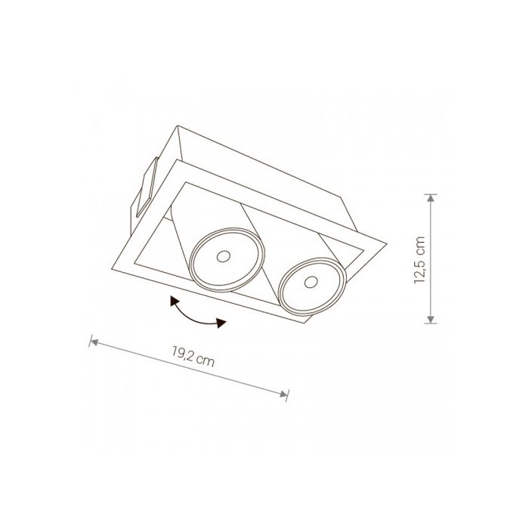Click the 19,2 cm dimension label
[193, 358]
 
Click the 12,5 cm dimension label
[419, 260]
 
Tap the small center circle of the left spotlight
[223, 256]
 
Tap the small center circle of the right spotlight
[311, 283]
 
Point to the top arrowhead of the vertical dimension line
[430, 198]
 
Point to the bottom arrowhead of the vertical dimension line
[430, 319]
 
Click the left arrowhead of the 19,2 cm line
[94, 342]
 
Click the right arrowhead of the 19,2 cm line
[283, 394]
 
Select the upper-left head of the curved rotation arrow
[174, 300]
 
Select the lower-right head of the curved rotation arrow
[221, 323]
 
